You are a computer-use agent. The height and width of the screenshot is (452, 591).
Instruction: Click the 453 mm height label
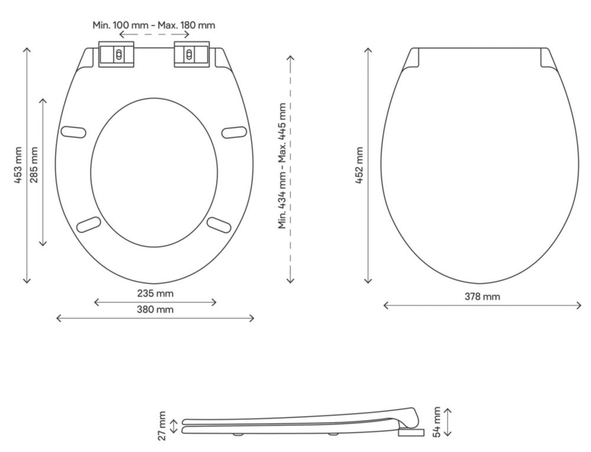(x=18, y=165)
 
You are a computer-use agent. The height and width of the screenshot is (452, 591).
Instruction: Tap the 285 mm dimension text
(x=34, y=165)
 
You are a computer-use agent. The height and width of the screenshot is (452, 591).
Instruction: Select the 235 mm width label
(x=155, y=293)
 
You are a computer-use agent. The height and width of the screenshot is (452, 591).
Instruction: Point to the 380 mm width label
(x=155, y=309)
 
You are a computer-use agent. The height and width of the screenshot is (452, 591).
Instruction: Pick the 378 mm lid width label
(x=482, y=297)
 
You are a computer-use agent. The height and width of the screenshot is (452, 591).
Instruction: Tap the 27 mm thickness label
(x=162, y=425)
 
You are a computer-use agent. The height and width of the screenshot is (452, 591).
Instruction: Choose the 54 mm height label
(x=437, y=422)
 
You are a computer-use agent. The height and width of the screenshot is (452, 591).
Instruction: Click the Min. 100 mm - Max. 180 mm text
(x=154, y=25)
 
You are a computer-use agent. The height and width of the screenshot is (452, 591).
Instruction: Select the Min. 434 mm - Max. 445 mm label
(x=282, y=166)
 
